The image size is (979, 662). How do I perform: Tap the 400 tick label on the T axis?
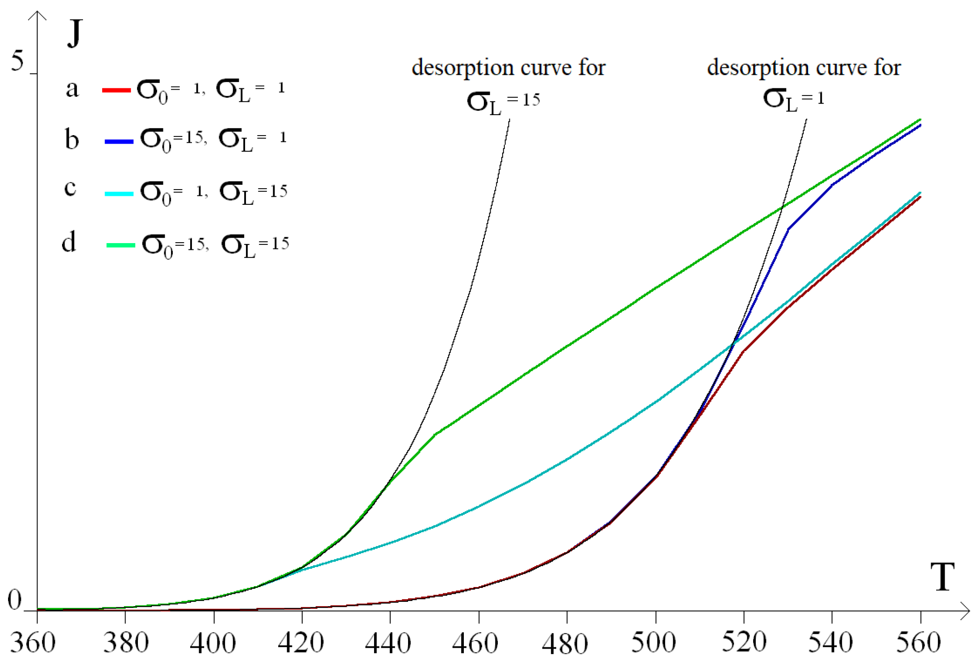pos(212,643)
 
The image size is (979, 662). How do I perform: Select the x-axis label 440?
pos(387,643)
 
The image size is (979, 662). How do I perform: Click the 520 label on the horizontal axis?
pos(743,643)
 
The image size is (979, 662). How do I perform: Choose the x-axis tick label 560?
pos(918,643)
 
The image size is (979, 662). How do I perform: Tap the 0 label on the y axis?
pos(15,600)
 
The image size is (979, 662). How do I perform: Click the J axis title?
pos(75,33)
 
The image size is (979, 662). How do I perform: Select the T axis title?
pos(942,576)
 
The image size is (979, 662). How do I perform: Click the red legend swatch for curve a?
pos(116,90)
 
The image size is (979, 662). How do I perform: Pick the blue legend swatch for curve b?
pos(119,141)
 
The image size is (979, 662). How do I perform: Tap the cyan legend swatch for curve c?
pos(119,194)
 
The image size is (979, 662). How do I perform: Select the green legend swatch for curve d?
pos(121,245)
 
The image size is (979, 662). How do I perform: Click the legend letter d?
pos(69,243)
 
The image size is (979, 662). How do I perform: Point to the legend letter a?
pos(72,88)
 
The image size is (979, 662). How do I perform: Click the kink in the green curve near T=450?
pos(435,434)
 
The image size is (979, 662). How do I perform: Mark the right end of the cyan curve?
pos(920,193)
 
